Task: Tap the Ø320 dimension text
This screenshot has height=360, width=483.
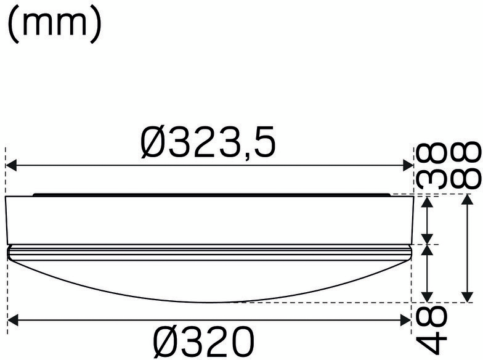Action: tap(203, 341)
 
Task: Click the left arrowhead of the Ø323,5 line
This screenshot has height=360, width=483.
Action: tap(11, 165)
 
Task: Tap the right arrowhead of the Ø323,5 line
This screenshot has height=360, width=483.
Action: tap(408, 165)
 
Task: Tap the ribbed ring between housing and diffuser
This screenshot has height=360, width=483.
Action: tap(208, 252)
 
